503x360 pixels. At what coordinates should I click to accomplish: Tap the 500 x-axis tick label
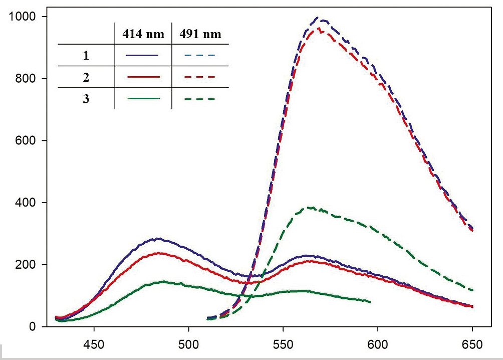pos(188,345)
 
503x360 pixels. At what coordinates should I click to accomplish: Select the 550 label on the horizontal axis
pos(283,345)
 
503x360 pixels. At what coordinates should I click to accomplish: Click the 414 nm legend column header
pos(143,35)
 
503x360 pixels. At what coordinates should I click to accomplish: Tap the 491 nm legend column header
pos(200,35)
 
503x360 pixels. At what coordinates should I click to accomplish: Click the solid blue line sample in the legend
pos(143,55)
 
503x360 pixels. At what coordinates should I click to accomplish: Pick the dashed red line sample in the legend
pos(200,77)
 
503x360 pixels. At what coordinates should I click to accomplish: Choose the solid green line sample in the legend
pos(143,99)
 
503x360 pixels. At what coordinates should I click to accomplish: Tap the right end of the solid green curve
pos(370,302)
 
